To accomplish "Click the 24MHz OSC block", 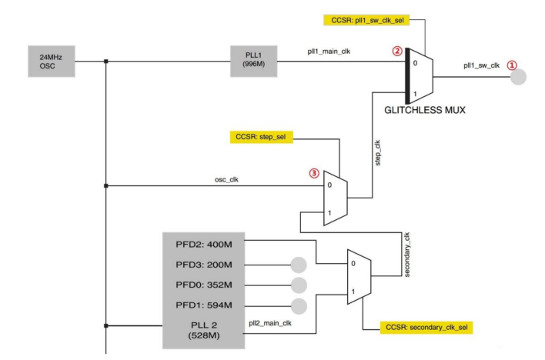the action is pyautogui.click(x=52, y=62).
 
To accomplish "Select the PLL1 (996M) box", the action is pyautogui.click(x=254, y=62).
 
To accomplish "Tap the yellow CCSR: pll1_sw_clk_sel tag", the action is pyautogui.click(x=366, y=20).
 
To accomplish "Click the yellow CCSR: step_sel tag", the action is pyautogui.click(x=262, y=137).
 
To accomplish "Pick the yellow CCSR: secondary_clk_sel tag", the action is pyautogui.click(x=426, y=328).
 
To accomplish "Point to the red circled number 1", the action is pyautogui.click(x=512, y=65).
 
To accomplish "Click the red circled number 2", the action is pyautogui.click(x=397, y=52).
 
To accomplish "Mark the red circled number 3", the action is pyautogui.click(x=314, y=173).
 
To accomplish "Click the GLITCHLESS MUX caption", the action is pyautogui.click(x=424, y=110).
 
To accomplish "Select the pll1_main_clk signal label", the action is pyautogui.click(x=329, y=52).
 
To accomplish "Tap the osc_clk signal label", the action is pyautogui.click(x=226, y=179).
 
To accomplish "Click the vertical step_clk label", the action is pyautogui.click(x=378, y=152).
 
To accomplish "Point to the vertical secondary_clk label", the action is pyautogui.click(x=407, y=255).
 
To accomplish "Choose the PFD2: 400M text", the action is pyautogui.click(x=204, y=245).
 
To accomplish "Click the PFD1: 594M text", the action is pyautogui.click(x=204, y=305).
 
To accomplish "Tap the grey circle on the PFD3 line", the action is pyautogui.click(x=299, y=265).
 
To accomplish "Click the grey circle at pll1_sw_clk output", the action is pyautogui.click(x=518, y=77).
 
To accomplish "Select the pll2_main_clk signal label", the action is pyautogui.click(x=270, y=323).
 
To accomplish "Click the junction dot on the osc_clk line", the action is pyautogui.click(x=106, y=186).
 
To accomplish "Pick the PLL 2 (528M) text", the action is pyautogui.click(x=204, y=331).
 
